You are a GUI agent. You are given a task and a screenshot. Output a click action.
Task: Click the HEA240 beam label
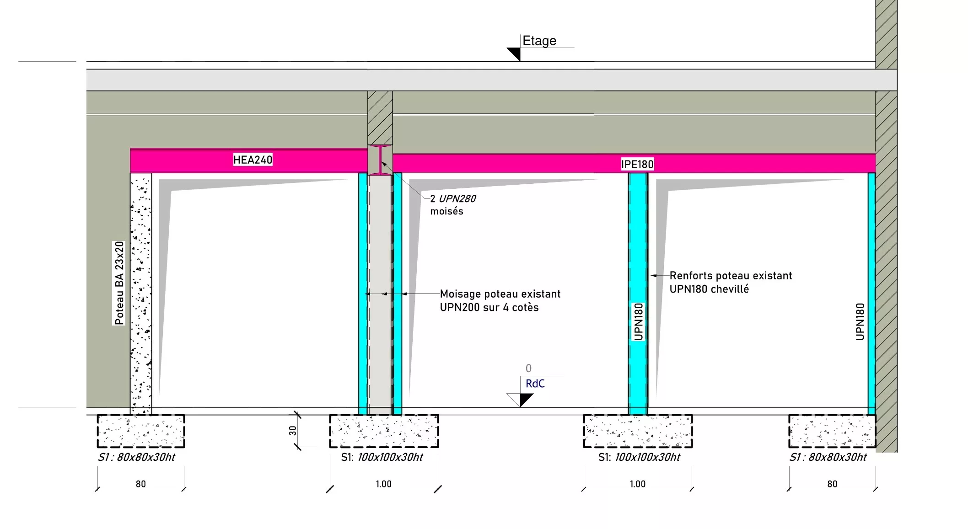(253, 160)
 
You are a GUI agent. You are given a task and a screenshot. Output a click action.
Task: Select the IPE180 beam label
(637, 164)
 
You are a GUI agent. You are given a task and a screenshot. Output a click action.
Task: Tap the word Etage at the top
(539, 41)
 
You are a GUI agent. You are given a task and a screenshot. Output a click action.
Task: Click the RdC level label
(535, 384)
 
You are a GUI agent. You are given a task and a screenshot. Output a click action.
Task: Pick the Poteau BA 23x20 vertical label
(119, 283)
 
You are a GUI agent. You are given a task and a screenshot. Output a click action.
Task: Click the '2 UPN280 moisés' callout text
(453, 205)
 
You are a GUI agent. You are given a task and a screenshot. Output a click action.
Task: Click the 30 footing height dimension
(293, 431)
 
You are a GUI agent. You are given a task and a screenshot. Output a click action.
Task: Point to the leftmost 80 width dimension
(141, 484)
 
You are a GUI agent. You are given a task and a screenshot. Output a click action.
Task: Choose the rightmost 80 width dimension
(832, 484)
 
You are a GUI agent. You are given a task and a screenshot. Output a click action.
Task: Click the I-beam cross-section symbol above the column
(380, 160)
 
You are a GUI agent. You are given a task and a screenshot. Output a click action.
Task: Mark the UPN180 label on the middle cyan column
(638, 321)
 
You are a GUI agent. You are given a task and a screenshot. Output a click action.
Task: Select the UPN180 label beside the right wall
(860, 321)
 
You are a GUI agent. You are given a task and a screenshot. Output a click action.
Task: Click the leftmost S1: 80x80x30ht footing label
(136, 457)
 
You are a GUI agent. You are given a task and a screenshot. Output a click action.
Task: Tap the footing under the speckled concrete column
(141, 431)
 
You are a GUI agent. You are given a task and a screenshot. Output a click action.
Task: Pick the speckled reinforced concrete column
(141, 294)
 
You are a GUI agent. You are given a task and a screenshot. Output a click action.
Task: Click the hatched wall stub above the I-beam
(380, 118)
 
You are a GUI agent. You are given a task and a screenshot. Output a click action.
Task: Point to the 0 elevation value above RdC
(528, 368)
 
